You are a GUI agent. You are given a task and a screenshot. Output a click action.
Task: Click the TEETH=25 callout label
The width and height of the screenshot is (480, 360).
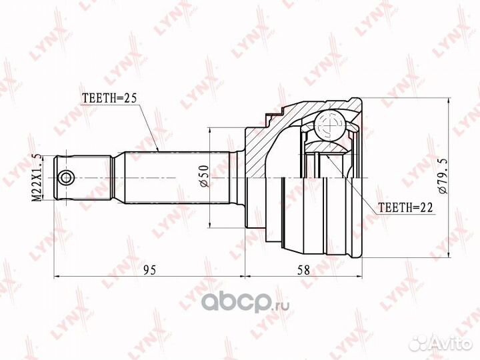109,98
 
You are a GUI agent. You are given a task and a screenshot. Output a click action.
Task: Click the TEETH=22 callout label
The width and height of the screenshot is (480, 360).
405,208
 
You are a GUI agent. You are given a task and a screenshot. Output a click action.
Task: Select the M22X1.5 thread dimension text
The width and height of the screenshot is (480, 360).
37,177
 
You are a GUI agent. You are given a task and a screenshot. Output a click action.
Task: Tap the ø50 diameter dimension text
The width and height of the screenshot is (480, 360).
204,176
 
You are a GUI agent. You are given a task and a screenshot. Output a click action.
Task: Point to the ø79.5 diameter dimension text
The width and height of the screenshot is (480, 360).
443,176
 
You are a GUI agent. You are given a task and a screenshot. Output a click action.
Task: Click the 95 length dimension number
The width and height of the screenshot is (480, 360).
150,270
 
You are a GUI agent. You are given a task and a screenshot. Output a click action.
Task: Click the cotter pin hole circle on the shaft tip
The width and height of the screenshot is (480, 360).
66,177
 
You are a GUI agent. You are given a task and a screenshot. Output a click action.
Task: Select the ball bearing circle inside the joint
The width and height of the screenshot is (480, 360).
331,125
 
